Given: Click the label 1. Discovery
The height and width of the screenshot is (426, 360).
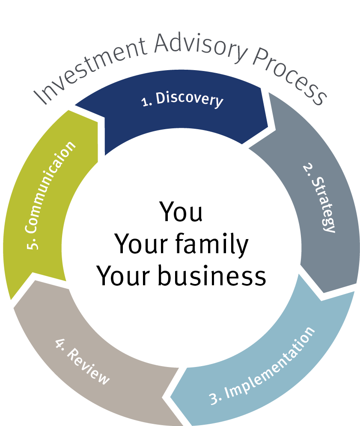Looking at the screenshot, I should (182, 101).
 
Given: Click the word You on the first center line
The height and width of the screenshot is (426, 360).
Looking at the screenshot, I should (181, 212).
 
